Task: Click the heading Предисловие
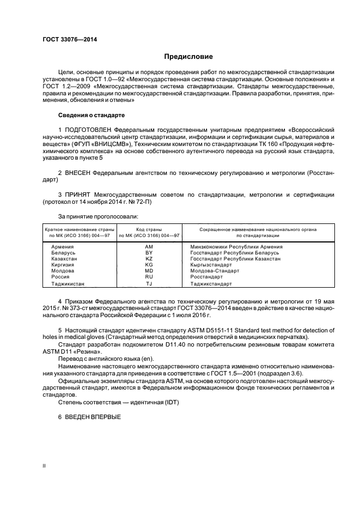point(188,56)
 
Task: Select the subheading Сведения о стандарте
point(91,116)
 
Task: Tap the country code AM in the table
point(149,247)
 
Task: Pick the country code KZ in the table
point(149,259)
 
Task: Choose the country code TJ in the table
point(149,284)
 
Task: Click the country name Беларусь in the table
point(63,253)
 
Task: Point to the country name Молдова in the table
point(63,271)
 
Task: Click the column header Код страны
point(149,230)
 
